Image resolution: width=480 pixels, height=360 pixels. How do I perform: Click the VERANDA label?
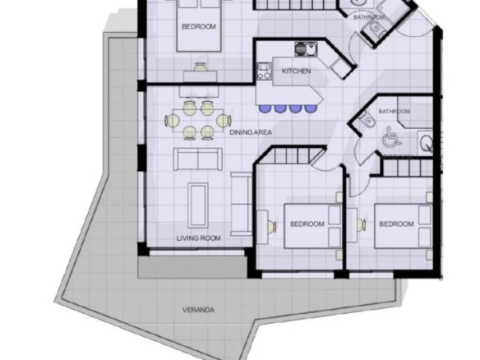(x=198, y=310)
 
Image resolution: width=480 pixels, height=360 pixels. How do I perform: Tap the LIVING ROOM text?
(x=198, y=238)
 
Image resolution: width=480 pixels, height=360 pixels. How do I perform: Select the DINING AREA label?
(x=251, y=132)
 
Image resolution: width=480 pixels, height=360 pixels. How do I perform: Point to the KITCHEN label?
(x=296, y=71)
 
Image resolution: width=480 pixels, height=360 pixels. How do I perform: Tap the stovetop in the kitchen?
(x=264, y=71)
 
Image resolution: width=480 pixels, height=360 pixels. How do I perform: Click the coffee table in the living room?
(x=198, y=205)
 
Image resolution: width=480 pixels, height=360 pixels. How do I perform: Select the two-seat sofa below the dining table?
(x=198, y=159)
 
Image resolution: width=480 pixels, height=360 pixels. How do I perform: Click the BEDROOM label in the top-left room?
(x=199, y=26)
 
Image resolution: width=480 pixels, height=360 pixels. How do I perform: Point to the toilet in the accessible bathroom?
(x=367, y=119)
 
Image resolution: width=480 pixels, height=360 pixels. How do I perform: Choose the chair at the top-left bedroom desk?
(x=201, y=67)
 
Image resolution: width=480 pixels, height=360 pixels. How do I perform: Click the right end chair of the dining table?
(x=224, y=120)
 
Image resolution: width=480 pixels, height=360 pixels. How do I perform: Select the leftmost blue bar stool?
(x=264, y=108)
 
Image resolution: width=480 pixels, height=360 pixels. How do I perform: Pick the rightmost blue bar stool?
(x=311, y=108)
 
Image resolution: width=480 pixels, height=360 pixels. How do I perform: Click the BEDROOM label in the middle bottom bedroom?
(x=307, y=224)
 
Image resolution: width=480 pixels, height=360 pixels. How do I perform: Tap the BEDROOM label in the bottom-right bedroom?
(x=396, y=224)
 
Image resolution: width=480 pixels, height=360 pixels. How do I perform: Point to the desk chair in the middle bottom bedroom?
(x=271, y=227)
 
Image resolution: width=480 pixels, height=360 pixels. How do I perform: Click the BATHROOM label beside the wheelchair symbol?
(x=395, y=111)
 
